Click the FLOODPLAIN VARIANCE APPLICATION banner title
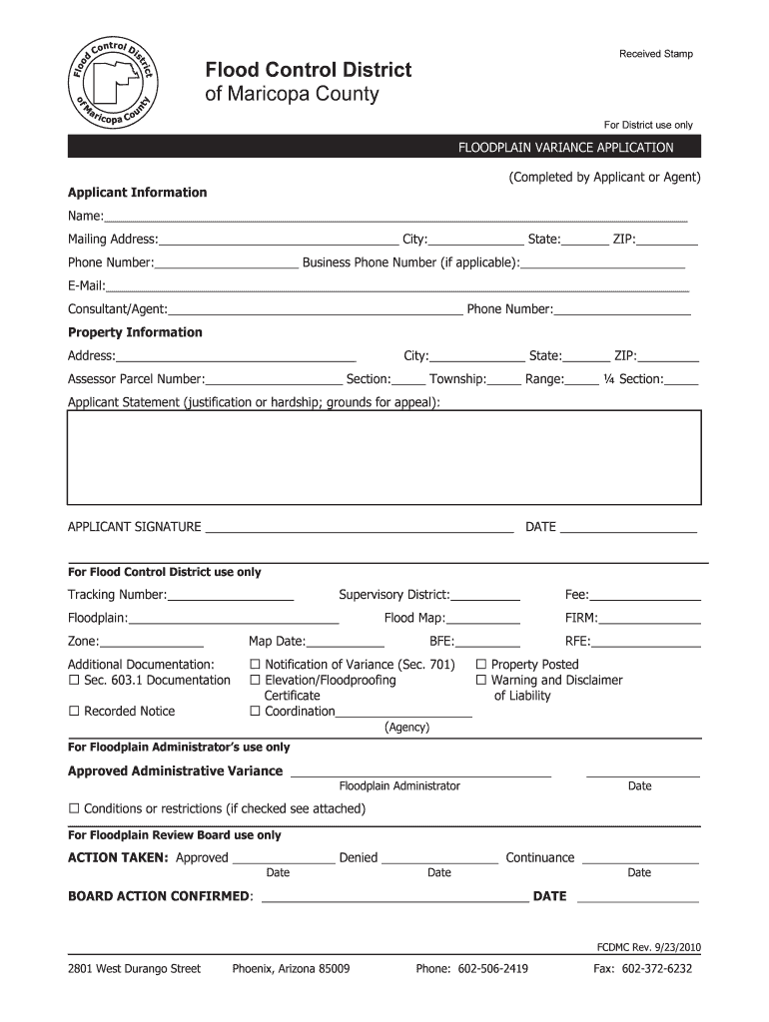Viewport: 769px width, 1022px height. pos(565,148)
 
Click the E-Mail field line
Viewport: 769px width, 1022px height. pos(398,286)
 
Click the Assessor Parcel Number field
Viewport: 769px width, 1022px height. pos(274,379)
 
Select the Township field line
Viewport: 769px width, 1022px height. pos(504,379)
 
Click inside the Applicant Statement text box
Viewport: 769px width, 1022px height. pos(384,457)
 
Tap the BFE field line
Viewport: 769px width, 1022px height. pos(488,642)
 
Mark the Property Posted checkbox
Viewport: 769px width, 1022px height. pos(481,665)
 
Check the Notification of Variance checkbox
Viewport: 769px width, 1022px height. pos(255,665)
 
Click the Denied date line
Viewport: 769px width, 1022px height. pos(439,858)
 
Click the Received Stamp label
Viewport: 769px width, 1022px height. pos(655,54)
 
